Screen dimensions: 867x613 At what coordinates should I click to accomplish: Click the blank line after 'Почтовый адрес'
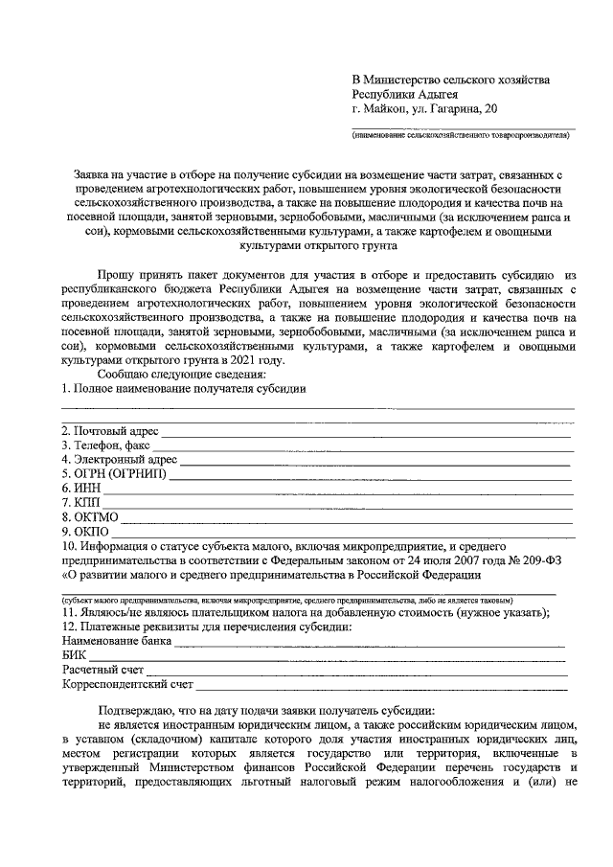364,434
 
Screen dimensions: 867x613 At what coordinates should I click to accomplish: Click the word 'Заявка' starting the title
96,175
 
